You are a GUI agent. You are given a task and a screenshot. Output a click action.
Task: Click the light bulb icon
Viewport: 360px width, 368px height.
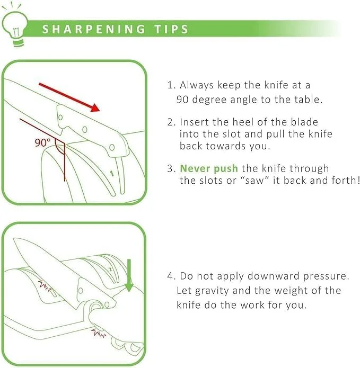pyautogui.click(x=14, y=26)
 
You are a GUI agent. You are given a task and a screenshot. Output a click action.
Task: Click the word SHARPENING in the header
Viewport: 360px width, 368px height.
pyautogui.click(x=94, y=29)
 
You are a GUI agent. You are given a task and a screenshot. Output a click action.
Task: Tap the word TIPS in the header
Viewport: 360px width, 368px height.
pyautogui.click(x=171, y=29)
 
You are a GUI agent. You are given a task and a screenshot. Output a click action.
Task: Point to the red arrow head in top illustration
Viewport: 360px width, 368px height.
pyautogui.click(x=95, y=107)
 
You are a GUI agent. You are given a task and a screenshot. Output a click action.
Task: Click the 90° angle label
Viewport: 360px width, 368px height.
pyautogui.click(x=42, y=142)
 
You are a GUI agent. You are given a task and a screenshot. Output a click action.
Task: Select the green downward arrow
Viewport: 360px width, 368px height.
pyautogui.click(x=129, y=275)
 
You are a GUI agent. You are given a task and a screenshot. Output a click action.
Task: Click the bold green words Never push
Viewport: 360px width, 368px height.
pyautogui.click(x=209, y=168)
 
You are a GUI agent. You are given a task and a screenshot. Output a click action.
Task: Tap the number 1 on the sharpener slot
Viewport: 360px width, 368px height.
pyautogui.click(x=112, y=174)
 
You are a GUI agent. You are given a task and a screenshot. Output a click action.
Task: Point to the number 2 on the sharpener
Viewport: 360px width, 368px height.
pyautogui.click(x=110, y=269)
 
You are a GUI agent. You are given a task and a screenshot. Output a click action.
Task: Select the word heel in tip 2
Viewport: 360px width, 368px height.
pyautogui.click(x=243, y=122)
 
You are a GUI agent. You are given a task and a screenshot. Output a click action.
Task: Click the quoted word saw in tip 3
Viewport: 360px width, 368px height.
pyautogui.click(x=254, y=181)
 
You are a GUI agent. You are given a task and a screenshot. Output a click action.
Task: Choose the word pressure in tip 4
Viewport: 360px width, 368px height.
pyautogui.click(x=326, y=276)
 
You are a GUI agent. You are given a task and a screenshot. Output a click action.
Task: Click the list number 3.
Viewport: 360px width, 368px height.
pyautogui.click(x=171, y=169)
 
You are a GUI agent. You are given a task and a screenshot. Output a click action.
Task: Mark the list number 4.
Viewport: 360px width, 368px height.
pyautogui.click(x=171, y=276)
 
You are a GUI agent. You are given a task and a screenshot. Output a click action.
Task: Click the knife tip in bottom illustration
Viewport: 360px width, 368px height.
pyautogui.click(x=14, y=239)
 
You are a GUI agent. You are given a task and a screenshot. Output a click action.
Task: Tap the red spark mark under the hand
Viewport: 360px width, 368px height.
pyautogui.click(x=98, y=332)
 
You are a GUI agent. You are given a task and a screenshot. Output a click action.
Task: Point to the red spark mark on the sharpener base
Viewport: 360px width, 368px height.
pyautogui.click(x=45, y=286)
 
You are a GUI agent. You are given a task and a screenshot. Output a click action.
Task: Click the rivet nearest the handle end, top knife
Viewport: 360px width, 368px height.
pyautogui.click(x=112, y=147)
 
